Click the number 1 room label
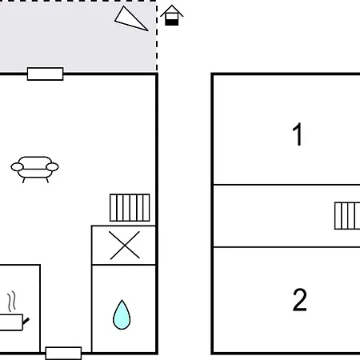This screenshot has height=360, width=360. tap(298, 134)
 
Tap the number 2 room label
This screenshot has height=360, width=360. tap(300, 299)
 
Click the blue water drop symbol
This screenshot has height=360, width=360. tap(122, 314)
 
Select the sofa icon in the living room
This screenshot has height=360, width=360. tap(34, 170)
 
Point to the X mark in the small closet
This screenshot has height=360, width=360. tap(125, 245)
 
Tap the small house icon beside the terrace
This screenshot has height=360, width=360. tap(172, 15)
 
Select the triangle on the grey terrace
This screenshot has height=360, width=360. tap(130, 19)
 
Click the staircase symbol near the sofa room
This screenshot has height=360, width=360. tap(130, 208)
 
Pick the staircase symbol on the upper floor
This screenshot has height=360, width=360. tap(347, 216)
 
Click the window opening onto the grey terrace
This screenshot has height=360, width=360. tap(46, 74)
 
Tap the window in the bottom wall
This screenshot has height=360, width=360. tap(63, 354)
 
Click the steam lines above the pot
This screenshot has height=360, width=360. tap(11, 302)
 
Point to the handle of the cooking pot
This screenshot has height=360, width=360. tap(26, 322)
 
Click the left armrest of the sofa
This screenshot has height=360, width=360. tap(17, 167)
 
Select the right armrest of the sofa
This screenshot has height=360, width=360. tap(52, 167)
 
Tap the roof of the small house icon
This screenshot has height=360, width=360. tap(172, 10)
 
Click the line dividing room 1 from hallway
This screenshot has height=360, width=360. tap(286, 184)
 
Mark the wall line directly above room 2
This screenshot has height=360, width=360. tap(286, 247)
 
